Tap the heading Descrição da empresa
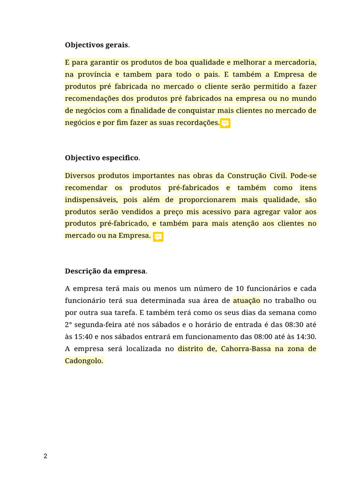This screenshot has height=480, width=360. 105,271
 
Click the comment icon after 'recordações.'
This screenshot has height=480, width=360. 225,123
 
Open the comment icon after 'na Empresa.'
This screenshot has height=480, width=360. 158,236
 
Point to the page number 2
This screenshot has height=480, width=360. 45,457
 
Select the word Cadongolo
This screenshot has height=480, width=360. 83,361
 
